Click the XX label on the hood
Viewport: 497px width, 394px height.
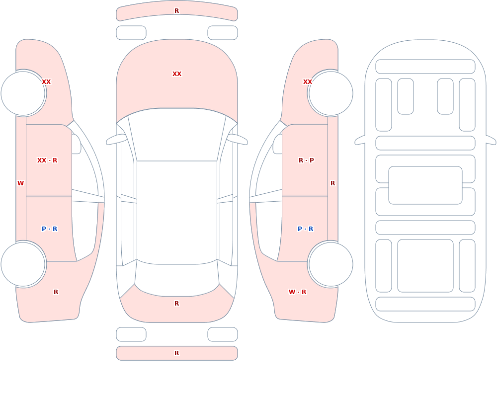(x=177, y=74)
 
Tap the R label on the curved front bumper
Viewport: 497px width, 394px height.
(x=177, y=11)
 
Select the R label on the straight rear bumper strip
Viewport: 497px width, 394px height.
(x=177, y=353)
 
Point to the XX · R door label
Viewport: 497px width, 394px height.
(x=47, y=160)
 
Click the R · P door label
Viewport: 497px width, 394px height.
(x=306, y=160)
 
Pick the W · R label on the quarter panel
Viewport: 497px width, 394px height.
(x=297, y=292)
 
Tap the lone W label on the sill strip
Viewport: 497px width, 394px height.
(x=20, y=183)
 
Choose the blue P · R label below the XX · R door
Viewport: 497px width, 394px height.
(x=49, y=229)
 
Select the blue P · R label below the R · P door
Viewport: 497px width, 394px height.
(x=306, y=229)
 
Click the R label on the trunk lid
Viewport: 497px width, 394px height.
(x=177, y=304)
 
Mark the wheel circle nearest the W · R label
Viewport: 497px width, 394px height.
(x=331, y=264)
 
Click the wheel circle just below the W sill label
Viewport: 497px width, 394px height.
(x=23, y=264)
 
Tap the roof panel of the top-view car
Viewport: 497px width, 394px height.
(x=177, y=212)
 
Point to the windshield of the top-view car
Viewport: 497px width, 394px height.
(x=177, y=135)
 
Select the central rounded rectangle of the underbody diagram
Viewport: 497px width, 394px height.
(x=425, y=185)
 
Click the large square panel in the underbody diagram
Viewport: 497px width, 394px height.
(x=425, y=266)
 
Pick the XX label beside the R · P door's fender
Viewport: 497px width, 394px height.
(x=308, y=82)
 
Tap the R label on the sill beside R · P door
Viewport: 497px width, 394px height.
(x=333, y=183)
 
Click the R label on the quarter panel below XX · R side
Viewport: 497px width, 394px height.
(x=56, y=292)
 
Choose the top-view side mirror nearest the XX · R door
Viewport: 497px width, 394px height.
(x=116, y=140)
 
